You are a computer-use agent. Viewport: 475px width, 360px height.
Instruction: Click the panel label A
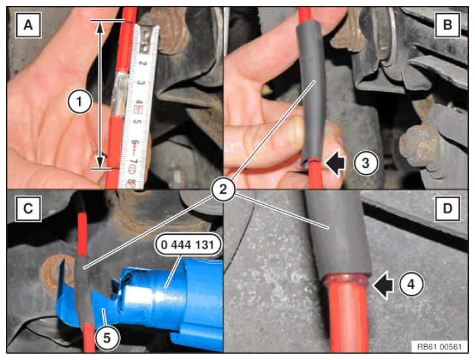coord(28,25)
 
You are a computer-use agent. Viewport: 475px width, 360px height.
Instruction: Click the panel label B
coord(447,25)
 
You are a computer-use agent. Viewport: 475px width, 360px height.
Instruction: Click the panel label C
coord(28,209)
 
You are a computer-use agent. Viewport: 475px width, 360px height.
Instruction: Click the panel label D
coord(447,209)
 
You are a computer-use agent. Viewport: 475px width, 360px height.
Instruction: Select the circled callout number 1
coord(80,102)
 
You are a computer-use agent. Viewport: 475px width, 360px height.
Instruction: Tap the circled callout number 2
coord(223,190)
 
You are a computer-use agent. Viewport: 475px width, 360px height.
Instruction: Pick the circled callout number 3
coord(365,163)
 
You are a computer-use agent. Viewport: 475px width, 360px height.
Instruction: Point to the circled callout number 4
coord(411,284)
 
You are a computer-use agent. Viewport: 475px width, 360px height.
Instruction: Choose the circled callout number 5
coord(106,338)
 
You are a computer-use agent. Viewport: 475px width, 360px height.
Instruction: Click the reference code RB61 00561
coord(439,347)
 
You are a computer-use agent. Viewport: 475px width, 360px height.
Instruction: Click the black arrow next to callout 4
coord(383,285)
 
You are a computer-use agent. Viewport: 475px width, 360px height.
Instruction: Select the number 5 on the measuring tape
coord(139,122)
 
